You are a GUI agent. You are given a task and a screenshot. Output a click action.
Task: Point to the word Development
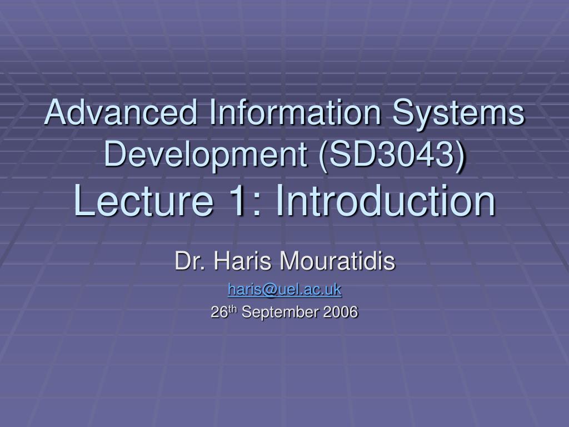pos(206,155)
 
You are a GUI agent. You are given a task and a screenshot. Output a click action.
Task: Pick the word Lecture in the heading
pos(144,200)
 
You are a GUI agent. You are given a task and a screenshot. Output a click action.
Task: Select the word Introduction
pos(386,200)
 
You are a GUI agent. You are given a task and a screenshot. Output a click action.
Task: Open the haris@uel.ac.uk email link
pos(284,290)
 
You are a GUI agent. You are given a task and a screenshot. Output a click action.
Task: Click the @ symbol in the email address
pos(274,290)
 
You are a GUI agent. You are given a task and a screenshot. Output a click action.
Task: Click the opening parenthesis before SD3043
pos(323,156)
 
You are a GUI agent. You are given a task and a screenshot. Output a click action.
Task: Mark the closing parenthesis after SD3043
pos(460,156)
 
